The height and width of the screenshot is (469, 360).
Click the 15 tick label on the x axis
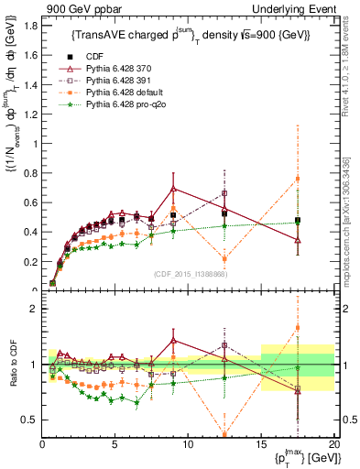261,443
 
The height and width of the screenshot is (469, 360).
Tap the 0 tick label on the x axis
42,443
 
